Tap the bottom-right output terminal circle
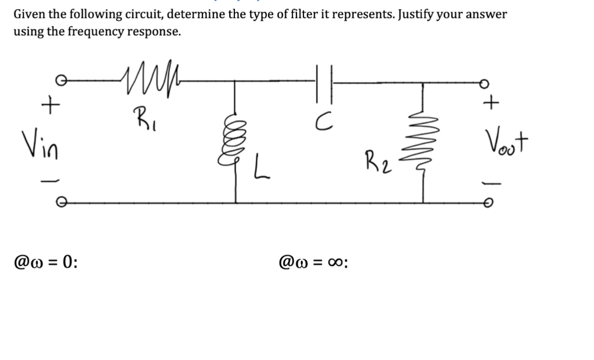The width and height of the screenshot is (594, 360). coord(490,202)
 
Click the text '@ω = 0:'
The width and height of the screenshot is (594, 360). coord(46,262)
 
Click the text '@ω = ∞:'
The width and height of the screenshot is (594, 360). coord(313,262)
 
